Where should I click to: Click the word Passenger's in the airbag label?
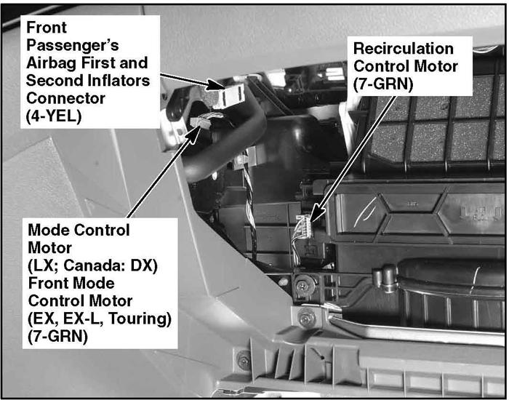73,45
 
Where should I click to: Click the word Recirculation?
404,49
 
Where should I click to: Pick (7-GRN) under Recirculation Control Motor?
383,84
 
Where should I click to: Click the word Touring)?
140,319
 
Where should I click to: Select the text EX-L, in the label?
84,319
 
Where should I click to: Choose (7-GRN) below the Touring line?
57,336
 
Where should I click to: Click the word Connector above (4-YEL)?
66,98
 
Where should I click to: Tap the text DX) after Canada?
144,265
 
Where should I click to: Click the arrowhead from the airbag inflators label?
215,84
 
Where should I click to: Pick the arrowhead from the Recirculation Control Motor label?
318,215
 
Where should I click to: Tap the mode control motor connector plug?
198,122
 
